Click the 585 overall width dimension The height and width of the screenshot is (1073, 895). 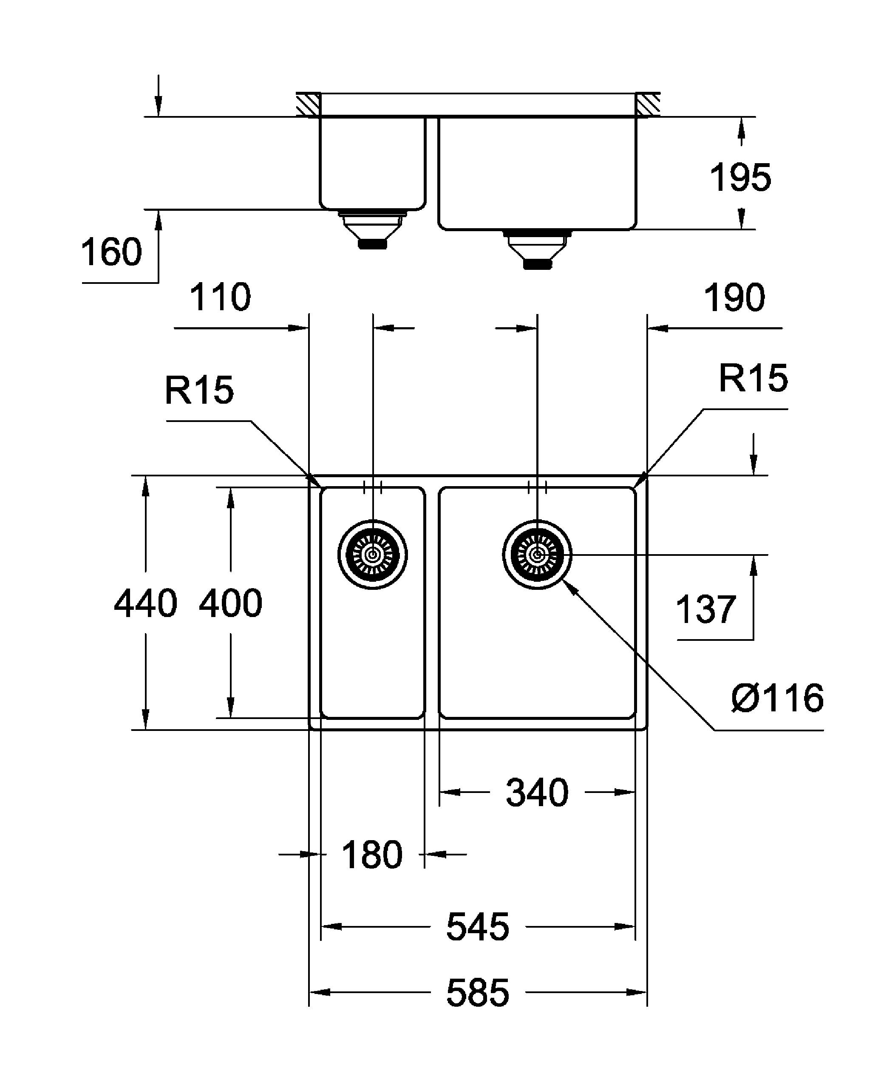478,993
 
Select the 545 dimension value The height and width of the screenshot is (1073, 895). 478,927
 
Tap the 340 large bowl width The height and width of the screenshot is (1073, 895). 537,793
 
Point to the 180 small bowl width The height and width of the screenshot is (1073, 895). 372,854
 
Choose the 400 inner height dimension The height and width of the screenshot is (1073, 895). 230,603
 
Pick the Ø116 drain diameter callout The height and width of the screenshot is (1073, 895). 777,698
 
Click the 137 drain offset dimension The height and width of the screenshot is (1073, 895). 706,609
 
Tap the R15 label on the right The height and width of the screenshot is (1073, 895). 753,379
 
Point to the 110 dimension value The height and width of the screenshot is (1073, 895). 220,297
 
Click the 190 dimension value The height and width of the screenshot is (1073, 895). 735,297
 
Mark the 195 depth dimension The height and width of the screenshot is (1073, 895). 740,177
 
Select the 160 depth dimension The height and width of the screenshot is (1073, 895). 111,252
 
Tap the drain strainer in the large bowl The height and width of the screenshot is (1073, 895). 537,555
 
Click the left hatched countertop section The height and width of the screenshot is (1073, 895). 309,105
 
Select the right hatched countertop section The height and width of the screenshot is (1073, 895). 648,105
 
